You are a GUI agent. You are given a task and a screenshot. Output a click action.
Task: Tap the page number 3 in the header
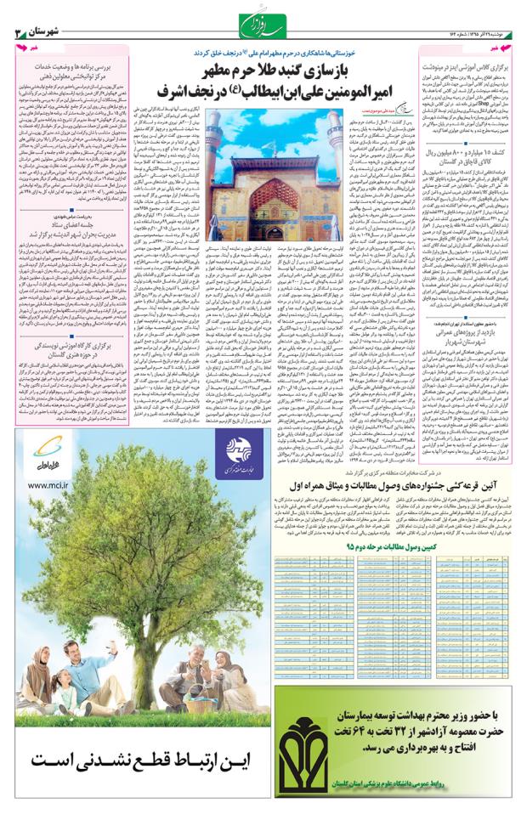17,32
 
